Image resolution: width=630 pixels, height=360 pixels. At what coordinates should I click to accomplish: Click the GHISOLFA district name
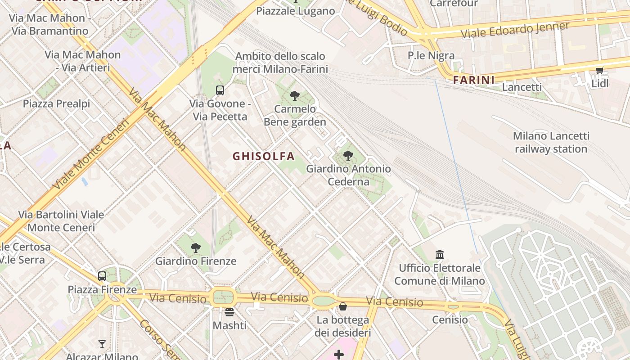pos(264,156)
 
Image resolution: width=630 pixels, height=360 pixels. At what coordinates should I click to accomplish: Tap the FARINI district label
pos(473,80)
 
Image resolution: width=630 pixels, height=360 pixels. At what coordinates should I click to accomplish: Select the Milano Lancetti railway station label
pos(551,142)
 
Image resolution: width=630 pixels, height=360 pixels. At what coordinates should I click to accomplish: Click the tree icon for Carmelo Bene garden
pos(295,95)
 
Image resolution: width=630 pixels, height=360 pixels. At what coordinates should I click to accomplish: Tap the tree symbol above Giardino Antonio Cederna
pos(348,156)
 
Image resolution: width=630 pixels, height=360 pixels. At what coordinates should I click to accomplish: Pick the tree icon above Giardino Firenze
pos(195,247)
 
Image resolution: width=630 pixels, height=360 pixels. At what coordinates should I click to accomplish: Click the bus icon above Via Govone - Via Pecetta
pos(220,90)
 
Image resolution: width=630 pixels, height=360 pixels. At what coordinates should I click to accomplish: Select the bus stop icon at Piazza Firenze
pos(102,276)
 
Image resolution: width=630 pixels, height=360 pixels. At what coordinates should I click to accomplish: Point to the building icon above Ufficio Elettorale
pos(440,255)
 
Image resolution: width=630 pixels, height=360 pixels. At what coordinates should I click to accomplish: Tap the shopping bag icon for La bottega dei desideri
pos(343,306)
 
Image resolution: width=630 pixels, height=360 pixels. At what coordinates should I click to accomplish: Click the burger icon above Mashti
pos(229,312)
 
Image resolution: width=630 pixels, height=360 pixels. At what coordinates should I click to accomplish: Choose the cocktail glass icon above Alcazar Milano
pos(102,344)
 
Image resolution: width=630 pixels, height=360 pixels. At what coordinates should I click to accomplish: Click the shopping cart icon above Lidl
pos(599,70)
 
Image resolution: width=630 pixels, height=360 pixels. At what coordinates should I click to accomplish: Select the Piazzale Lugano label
pos(295,11)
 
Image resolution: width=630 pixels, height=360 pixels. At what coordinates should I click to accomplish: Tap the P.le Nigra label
pos(431,55)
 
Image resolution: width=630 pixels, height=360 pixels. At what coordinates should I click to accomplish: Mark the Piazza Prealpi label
pos(57,103)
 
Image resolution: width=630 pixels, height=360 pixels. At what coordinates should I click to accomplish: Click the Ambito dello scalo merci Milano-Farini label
pos(280,63)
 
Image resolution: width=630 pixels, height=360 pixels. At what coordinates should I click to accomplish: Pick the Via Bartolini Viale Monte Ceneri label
pos(61,221)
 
